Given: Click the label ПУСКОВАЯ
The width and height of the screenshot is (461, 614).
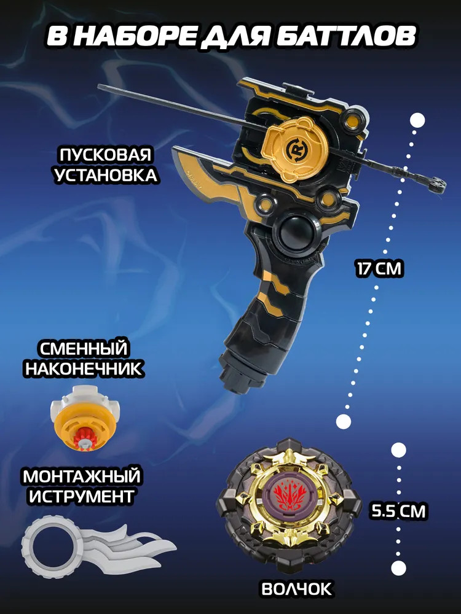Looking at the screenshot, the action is [x=106, y=155].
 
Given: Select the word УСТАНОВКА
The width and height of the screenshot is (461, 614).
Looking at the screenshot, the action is [x=106, y=175].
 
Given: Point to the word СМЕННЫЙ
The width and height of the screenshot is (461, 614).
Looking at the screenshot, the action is [x=83, y=349].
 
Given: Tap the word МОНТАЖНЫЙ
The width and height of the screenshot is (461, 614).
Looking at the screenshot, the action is [x=82, y=476].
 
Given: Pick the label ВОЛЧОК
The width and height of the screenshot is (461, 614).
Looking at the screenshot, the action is [x=296, y=589].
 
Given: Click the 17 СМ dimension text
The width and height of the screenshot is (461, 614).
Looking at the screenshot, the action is [x=379, y=270].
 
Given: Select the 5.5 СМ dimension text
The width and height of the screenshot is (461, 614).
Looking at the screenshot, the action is [x=398, y=511].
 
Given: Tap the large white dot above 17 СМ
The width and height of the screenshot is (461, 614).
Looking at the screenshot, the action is [x=418, y=120].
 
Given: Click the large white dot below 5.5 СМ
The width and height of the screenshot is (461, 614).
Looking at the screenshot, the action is [x=398, y=568].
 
